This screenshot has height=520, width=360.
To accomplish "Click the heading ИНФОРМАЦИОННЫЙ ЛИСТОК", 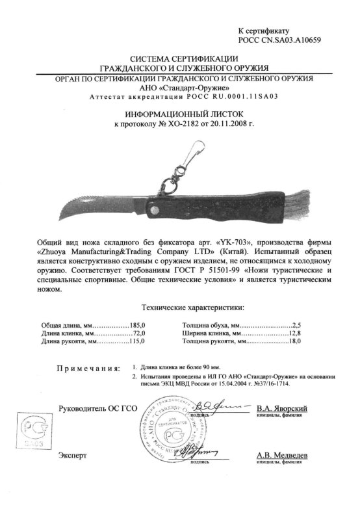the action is point(180,113).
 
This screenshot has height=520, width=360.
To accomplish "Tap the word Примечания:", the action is point(88,369).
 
